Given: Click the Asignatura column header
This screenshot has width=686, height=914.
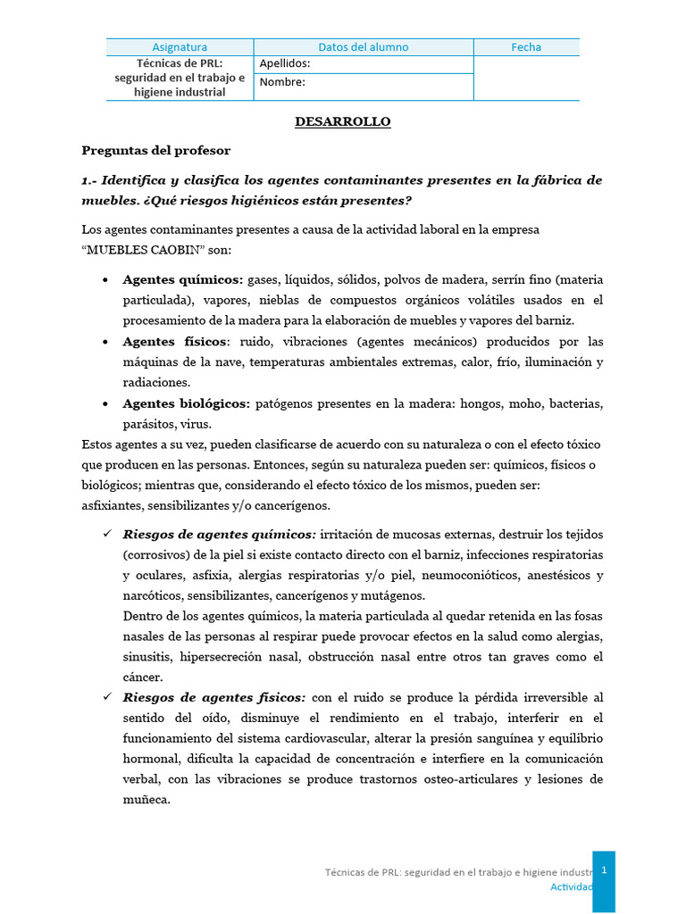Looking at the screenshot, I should coord(180,47).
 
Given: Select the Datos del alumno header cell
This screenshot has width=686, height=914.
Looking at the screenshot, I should coord(364,47).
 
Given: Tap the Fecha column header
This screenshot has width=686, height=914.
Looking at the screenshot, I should coord(526,47).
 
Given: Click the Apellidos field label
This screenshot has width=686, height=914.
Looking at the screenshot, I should coord(285,64).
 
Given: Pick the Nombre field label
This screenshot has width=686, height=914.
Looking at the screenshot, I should coord(282,82).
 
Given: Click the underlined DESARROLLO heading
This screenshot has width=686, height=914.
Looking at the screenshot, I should coord(343,121).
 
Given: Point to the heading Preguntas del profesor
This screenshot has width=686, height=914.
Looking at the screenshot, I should coord(156,150).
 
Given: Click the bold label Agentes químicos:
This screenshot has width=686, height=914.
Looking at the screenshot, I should coord(182,279).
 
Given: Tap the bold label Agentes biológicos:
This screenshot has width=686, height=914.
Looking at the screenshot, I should coord(186,404).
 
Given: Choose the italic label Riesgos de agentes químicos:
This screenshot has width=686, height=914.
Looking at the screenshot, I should coord(219,534).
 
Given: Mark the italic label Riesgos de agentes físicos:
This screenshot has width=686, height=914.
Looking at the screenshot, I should coord(214,697).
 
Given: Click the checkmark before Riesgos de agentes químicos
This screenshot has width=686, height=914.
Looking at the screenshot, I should coord(107,534).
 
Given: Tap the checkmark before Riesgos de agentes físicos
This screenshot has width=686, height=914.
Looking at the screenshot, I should coord(107,697).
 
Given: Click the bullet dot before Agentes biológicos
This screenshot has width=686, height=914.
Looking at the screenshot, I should coord(106,404).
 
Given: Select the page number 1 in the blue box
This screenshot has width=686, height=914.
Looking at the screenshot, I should coord(604,869).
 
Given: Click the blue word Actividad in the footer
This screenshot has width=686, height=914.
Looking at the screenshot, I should coord(571,886).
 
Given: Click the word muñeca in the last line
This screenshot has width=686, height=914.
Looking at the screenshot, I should coord(145,800).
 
